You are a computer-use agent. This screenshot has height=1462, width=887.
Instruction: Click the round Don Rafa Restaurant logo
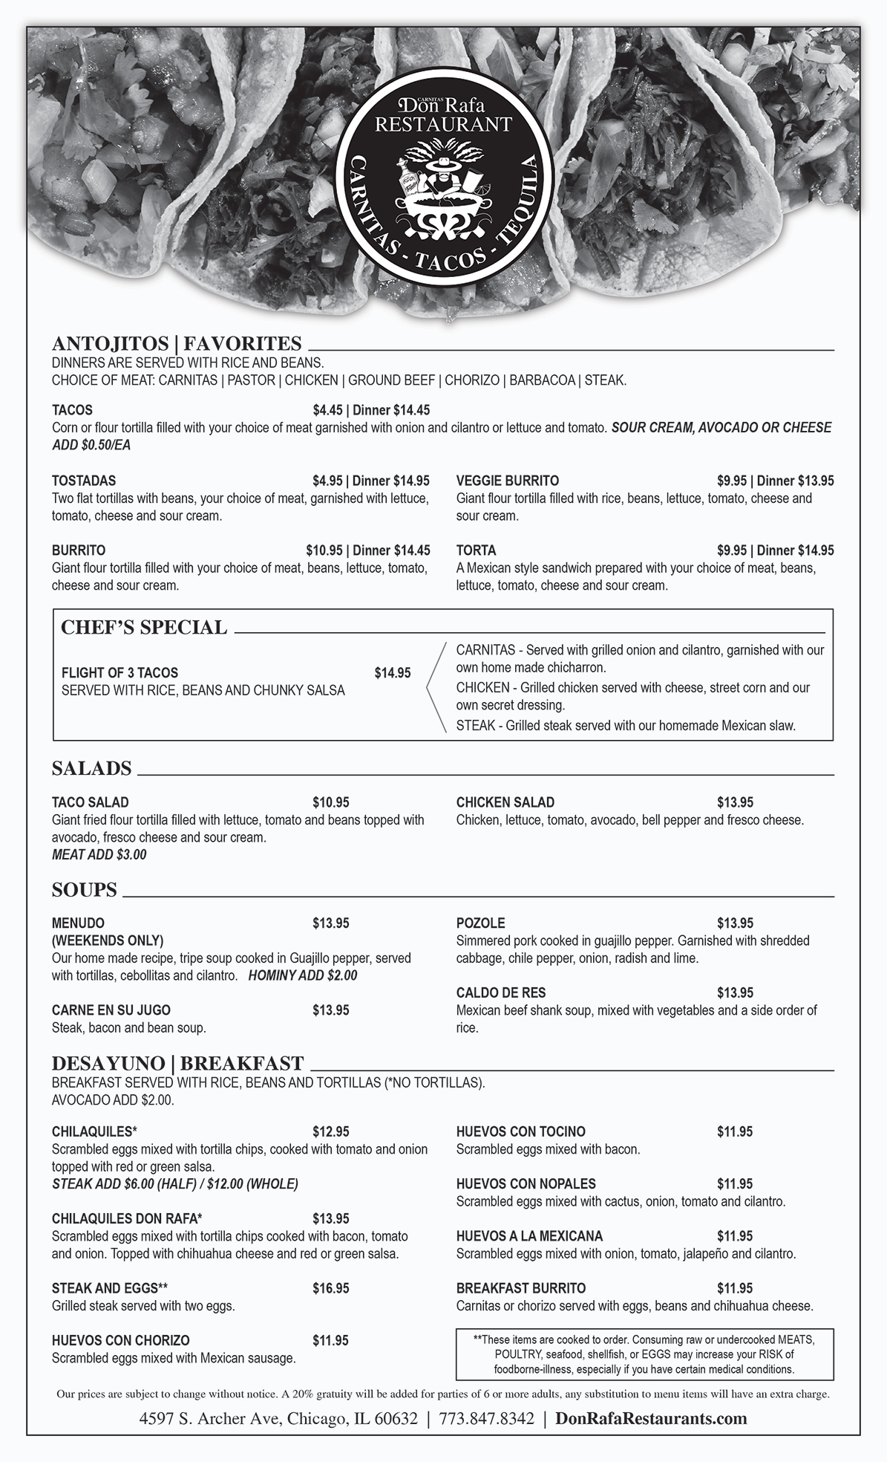[x=443, y=178]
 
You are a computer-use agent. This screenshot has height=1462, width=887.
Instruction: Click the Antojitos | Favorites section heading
[x=177, y=343]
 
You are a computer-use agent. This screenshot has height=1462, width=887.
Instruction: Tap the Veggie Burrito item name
[x=507, y=481]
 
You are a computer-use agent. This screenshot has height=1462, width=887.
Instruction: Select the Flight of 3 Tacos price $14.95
[x=392, y=673]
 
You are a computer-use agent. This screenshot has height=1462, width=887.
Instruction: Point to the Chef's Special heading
[x=143, y=628]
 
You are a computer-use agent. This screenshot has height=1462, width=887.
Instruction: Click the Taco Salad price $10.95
[x=330, y=802]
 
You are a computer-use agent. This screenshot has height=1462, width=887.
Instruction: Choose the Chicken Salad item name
[x=505, y=802]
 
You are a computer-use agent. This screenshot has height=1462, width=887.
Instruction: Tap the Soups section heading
[x=85, y=889]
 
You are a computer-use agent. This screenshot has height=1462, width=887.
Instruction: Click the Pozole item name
[x=480, y=923]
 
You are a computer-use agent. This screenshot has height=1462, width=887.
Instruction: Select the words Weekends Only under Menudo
[x=108, y=940]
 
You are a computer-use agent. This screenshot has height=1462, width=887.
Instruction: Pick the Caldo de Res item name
[x=500, y=992]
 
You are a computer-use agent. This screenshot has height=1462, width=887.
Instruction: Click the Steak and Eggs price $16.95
[x=330, y=1288]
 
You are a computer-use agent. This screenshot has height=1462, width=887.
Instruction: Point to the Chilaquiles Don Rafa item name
[x=127, y=1218]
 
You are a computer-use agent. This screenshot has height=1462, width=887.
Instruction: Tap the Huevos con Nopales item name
[x=526, y=1183]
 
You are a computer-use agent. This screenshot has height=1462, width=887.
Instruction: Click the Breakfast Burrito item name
[x=520, y=1288]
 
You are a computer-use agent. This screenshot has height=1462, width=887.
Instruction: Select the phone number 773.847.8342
[x=486, y=1418]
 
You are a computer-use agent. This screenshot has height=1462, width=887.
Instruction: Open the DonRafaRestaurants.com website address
[x=650, y=1418]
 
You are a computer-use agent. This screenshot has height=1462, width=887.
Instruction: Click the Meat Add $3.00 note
[x=99, y=854]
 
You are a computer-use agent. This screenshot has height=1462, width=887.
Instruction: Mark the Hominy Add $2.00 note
[x=302, y=975]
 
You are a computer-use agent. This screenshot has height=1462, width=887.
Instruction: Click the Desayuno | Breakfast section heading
[x=177, y=1064]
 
